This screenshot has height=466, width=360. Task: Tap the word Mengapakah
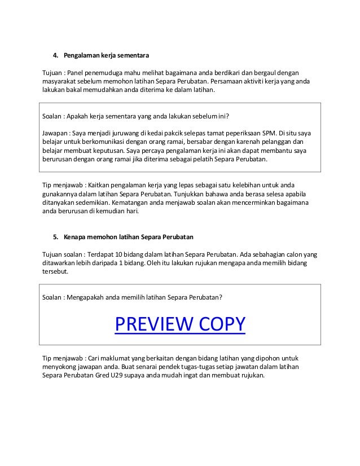click(x=88, y=297)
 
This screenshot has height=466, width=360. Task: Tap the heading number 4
click(x=55, y=55)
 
